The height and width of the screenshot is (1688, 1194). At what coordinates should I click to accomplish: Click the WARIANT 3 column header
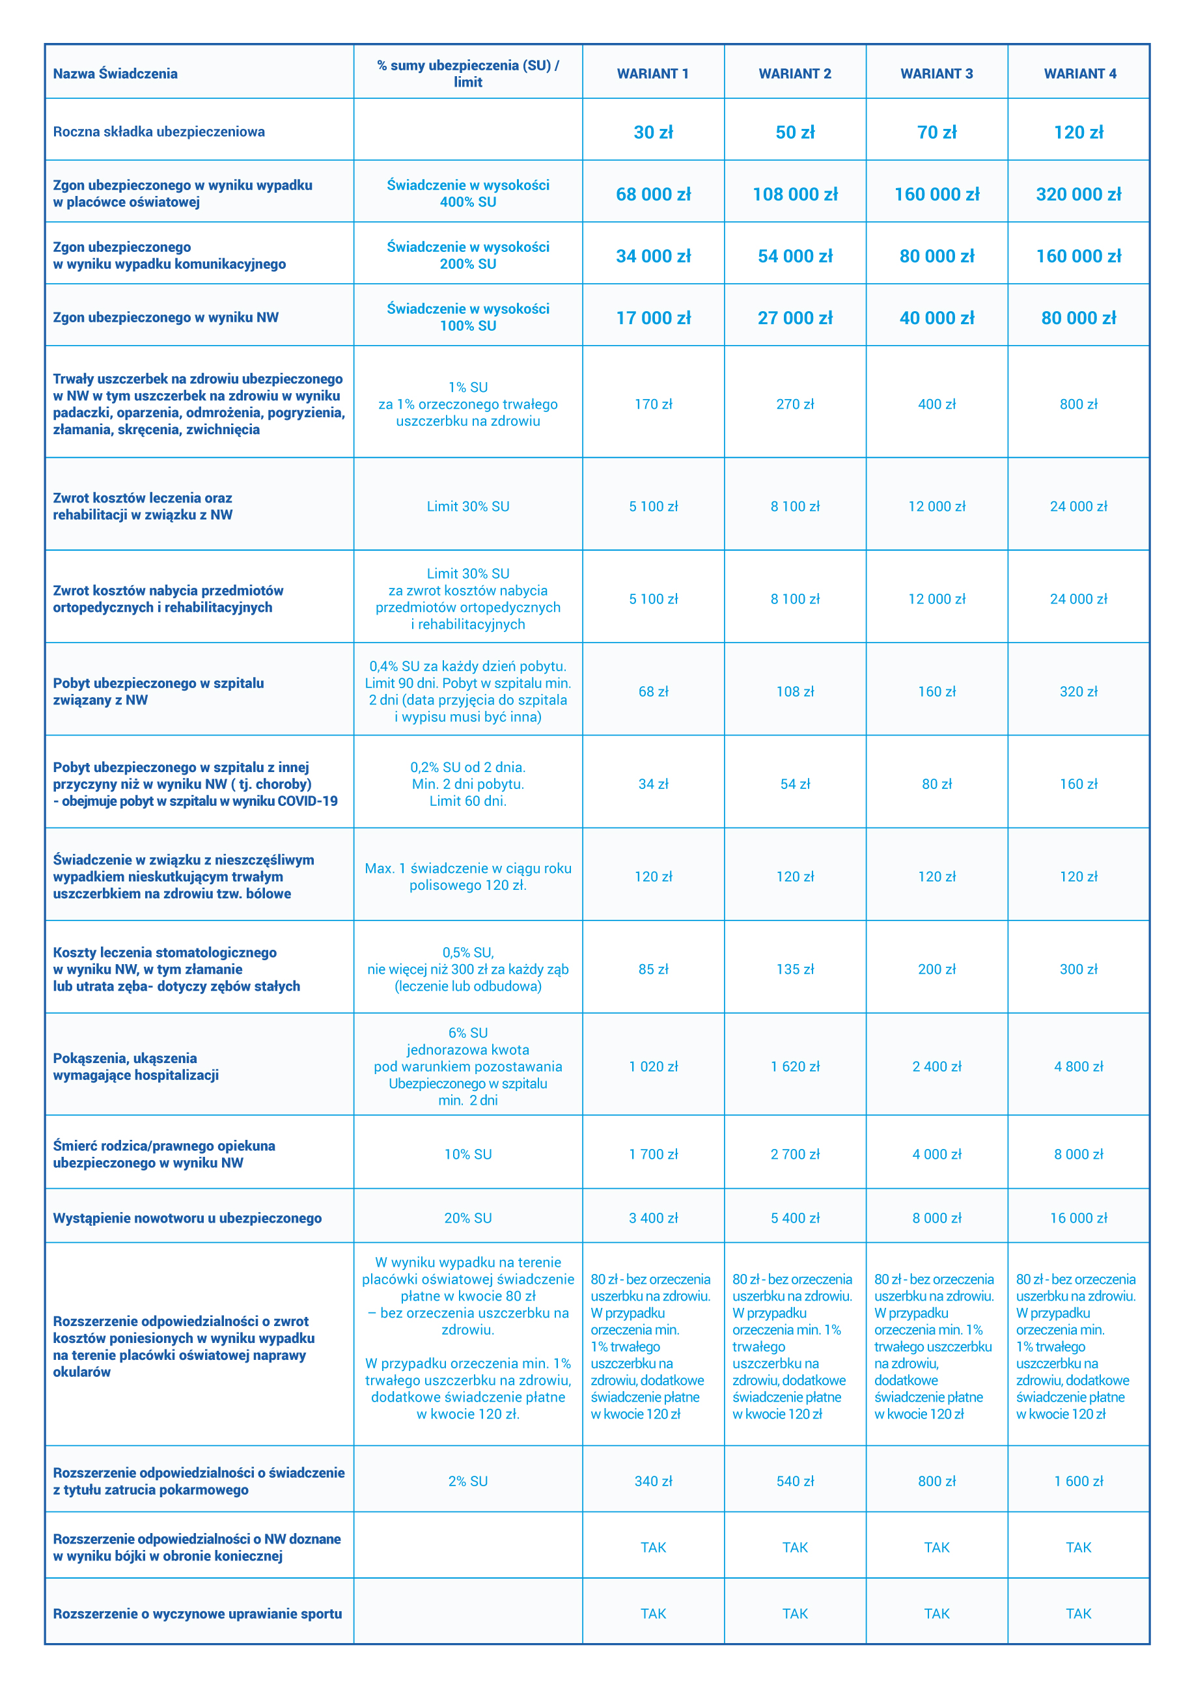pos(936,74)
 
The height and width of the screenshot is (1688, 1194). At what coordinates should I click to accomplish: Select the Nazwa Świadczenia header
pos(115,74)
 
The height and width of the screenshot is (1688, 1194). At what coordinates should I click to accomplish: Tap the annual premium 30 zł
pos(653,132)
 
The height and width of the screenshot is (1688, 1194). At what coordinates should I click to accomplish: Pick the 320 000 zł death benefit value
pos(1079,194)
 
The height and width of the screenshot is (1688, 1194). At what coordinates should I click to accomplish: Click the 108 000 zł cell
pos(795,194)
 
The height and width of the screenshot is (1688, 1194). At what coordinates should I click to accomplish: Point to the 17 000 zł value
pos(653,318)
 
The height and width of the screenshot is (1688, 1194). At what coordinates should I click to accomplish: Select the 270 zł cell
pos(795,404)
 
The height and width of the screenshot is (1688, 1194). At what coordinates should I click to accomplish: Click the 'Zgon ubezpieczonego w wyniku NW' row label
pos(165,318)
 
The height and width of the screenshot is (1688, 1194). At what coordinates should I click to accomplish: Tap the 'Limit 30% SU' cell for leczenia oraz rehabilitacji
pos(467,506)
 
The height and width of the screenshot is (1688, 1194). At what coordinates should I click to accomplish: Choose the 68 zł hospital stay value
pos(653,691)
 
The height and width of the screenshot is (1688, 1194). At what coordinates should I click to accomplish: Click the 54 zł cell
pos(795,784)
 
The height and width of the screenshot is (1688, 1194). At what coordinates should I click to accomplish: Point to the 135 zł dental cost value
pos(795,969)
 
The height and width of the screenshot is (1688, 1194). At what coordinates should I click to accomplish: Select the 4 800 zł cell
pos(1079,1066)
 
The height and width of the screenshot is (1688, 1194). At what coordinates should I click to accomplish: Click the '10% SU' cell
pos(467,1154)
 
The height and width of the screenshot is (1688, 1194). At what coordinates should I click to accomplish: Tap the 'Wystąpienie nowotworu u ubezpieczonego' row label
pos(187,1218)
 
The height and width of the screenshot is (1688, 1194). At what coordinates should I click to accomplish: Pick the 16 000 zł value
pos(1079,1218)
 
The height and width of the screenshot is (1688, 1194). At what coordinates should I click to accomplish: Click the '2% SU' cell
pos(467,1482)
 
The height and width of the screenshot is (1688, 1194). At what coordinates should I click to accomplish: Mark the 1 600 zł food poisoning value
pos(1079,1482)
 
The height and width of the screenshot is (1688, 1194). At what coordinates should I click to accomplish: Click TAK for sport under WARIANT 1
pos(653,1614)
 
